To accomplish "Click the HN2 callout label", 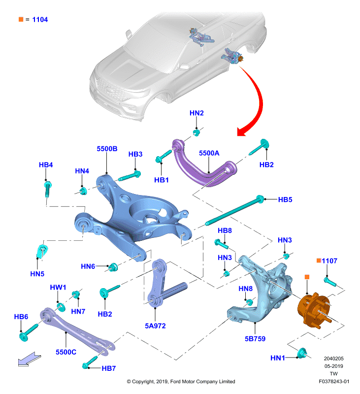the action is click(196, 113).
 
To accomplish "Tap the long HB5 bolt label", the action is click(285, 199).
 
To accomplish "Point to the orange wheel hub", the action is click(314, 310).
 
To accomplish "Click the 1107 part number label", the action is click(329, 261).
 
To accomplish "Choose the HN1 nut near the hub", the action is click(301, 353).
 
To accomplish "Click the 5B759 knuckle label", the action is click(255, 339).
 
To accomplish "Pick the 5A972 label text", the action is click(155, 326).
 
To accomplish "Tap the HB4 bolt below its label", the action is click(48, 189).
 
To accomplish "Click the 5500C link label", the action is click(66, 352).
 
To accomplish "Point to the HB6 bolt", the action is click(28, 332).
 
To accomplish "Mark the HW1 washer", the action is click(61, 307).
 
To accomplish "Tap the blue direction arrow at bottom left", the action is click(29, 360).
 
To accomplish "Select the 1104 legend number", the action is click(40, 20).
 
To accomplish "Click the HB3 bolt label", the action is click(135, 154).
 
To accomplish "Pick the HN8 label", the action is click(245, 289).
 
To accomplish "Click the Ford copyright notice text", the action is click(181, 381).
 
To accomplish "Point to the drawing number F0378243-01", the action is click(334, 381).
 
